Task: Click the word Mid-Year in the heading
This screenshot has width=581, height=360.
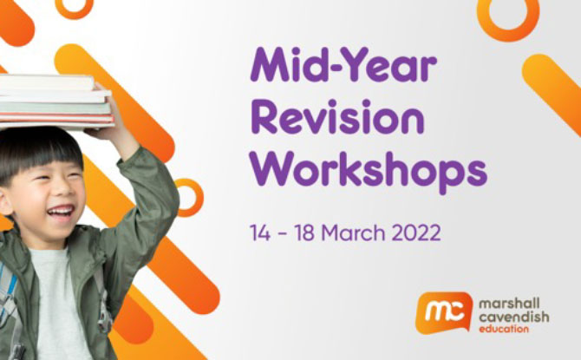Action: point(343,64)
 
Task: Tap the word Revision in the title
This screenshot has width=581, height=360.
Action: point(337,117)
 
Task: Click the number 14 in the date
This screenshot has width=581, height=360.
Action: point(260,232)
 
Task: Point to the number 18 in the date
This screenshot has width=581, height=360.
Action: point(304,232)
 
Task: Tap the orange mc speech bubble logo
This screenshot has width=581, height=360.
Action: point(444,312)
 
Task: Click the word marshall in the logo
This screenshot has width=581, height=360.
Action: point(509,304)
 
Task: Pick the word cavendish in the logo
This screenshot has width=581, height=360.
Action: point(513,317)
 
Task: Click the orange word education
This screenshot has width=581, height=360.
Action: point(504,329)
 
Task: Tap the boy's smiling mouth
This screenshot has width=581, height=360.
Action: point(61,212)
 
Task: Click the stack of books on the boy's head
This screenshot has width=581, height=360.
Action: point(55,101)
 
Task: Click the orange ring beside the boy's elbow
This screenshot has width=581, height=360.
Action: point(189,198)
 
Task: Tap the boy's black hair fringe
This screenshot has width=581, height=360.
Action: point(41,156)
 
